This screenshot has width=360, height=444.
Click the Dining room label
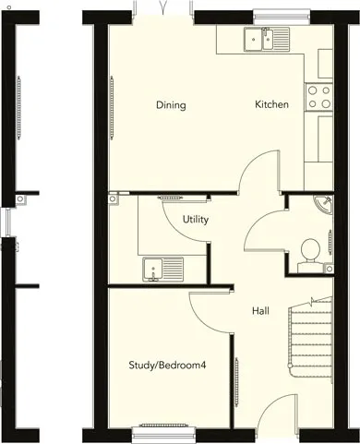pyautogui.click(x=171, y=105)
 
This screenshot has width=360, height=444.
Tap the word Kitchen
pyautogui.click(x=271, y=104)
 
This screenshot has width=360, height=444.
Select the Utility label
pyautogui.click(x=196, y=220)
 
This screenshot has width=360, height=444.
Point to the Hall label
pyautogui.click(x=260, y=311)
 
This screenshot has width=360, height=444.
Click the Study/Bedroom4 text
pyautogui.click(x=167, y=366)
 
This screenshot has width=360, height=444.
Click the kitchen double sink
pyautogui.click(x=267, y=39)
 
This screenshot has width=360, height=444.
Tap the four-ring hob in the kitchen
pyautogui.click(x=318, y=97)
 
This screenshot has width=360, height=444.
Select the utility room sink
pyautogui.click(x=163, y=270)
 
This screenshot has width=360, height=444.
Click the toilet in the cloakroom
pyautogui.click(x=310, y=256)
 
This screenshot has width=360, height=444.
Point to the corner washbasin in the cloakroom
pyautogui.click(x=324, y=204)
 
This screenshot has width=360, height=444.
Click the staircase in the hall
pyautogui.click(x=310, y=340)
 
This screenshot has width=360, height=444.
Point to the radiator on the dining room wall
pyautogui.click(x=112, y=107)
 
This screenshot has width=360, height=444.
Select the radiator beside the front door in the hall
pyautogui.click(x=236, y=382)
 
